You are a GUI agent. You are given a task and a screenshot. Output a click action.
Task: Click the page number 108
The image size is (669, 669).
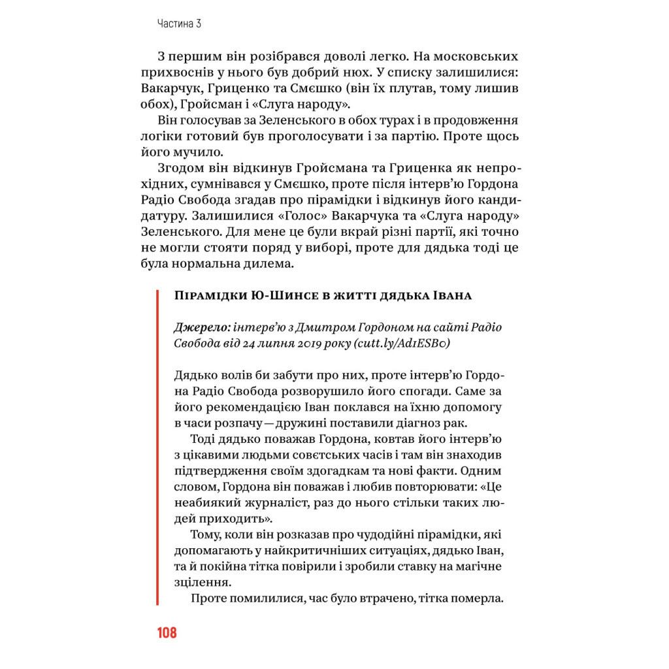[167, 632]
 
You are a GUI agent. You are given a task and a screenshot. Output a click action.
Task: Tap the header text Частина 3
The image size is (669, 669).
[179, 24]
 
